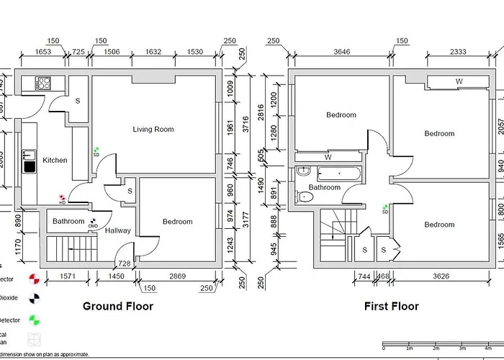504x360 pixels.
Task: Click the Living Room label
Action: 153,130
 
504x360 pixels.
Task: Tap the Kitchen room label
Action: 55,160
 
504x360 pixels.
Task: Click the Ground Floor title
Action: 118,306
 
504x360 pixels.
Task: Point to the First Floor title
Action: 391,306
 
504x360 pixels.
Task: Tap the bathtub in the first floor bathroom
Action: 338,174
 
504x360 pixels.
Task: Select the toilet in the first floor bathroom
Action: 305,196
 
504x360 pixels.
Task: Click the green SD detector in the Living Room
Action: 96,151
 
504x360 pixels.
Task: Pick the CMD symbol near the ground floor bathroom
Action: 93,224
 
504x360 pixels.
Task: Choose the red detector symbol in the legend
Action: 32,278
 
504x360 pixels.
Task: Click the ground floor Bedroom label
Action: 177,222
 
